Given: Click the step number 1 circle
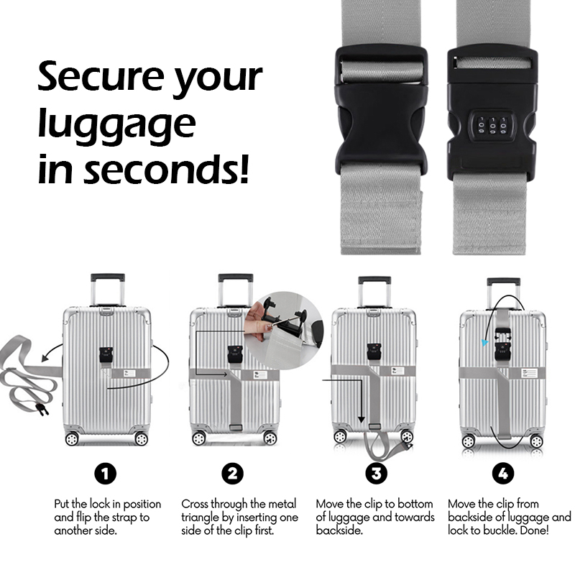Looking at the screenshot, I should [x=105, y=474].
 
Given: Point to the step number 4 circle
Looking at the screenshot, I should [x=503, y=474].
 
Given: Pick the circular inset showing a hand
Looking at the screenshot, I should [x=283, y=323].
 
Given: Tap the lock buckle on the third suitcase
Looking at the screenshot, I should [x=373, y=351].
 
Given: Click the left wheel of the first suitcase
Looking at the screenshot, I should [x=72, y=438].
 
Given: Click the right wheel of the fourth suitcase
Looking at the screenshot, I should [x=536, y=440].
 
